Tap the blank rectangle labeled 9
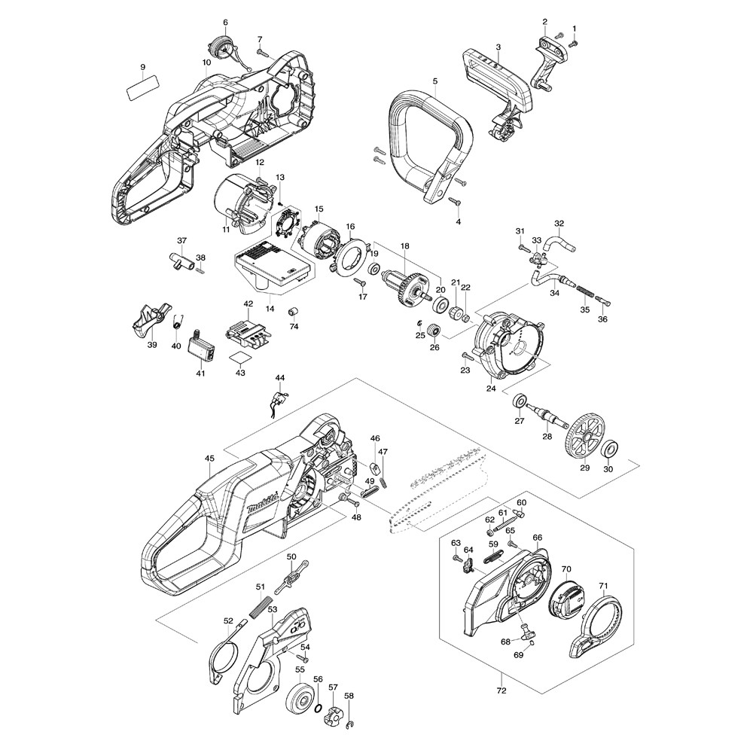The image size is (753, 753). click(142, 87)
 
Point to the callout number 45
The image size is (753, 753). click(209, 458)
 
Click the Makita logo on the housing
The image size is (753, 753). click(261, 504)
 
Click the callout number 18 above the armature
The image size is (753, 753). click(404, 246)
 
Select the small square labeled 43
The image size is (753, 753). click(240, 357)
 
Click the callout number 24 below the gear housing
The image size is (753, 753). click(491, 389)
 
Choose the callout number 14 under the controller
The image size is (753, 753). click(270, 309)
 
